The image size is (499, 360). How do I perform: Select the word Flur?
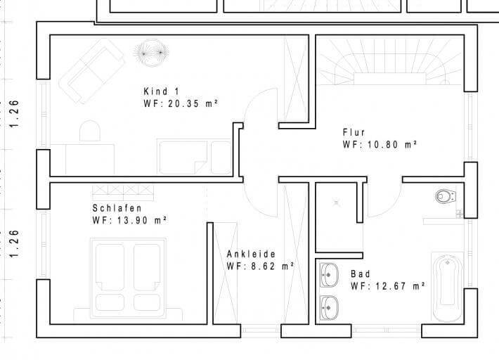point(354,132)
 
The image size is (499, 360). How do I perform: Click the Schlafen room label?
point(117,208)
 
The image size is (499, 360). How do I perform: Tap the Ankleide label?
point(251,254)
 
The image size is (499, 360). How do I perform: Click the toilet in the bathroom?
point(444,195)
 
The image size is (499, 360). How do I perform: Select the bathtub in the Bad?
point(446,288)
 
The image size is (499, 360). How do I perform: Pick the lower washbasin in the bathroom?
point(328,307)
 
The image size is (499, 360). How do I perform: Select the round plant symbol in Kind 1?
point(151,51)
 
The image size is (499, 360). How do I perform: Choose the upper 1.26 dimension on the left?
point(14,112)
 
